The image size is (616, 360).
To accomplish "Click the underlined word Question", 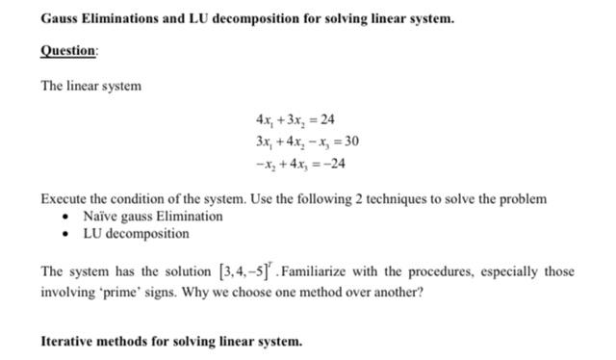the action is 68,51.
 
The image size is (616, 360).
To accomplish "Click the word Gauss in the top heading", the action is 61,18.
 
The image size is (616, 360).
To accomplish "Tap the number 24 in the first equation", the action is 327,119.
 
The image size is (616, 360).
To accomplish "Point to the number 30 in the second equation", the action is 351,141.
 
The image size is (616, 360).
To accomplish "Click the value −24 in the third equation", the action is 334,163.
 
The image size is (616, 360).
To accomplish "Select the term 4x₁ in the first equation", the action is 265,119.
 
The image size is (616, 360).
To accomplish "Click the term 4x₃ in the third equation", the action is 295,163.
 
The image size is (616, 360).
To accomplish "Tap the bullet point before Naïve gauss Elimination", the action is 64,217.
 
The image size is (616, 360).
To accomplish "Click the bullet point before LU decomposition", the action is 64,234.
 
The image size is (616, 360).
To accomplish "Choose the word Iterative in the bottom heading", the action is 69,341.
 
